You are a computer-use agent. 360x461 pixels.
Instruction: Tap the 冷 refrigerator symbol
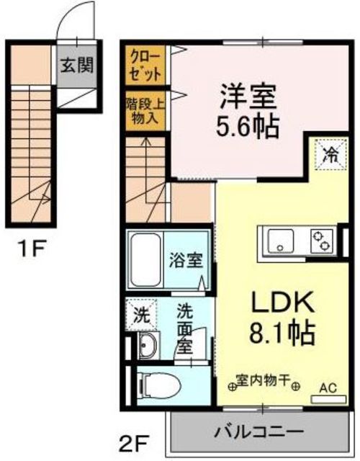[x=330, y=153]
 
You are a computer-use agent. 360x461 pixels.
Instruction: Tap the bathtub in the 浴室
[x=148, y=260]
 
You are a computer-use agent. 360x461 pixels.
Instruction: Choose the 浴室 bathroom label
[x=185, y=259]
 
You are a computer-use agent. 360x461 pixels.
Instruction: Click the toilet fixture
[x=158, y=386]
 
